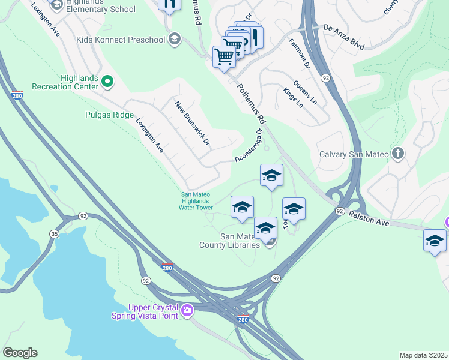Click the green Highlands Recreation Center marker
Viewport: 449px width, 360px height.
(x=108, y=81)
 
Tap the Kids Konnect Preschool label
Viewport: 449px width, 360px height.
(x=121, y=40)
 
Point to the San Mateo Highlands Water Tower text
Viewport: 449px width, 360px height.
(x=197, y=200)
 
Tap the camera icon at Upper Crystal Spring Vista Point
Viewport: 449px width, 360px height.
(x=187, y=310)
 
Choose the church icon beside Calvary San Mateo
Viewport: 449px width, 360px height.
(x=397, y=154)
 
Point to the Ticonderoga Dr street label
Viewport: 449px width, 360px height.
(x=249, y=145)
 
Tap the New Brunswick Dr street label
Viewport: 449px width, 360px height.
(x=192, y=123)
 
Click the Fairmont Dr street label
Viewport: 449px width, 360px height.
(x=298, y=52)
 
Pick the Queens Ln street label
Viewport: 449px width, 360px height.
(x=305, y=92)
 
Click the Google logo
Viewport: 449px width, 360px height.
(x=20, y=353)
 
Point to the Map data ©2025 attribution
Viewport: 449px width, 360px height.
(x=423, y=355)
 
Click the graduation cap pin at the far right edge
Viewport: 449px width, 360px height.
(x=435, y=241)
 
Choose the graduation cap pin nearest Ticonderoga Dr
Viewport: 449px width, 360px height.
(x=271, y=175)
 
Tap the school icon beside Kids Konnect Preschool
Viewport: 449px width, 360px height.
(x=175, y=40)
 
